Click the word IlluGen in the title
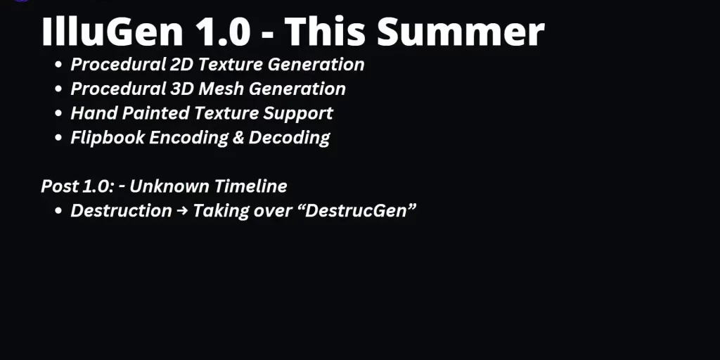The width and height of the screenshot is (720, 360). pyautogui.click(x=112, y=31)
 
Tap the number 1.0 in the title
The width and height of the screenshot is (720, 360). pyautogui.click(x=223, y=31)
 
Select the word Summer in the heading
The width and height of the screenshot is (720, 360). pyautogui.click(x=461, y=31)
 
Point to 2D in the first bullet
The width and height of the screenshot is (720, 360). pyautogui.click(x=181, y=64)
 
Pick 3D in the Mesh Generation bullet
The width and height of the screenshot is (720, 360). pyautogui.click(x=182, y=89)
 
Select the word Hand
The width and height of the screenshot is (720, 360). pyautogui.click(x=94, y=113)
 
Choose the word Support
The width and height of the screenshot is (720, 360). pyautogui.click(x=298, y=114)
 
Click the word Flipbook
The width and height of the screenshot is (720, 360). pyautogui.click(x=108, y=138)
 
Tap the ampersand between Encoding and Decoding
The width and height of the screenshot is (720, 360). pyautogui.click(x=238, y=138)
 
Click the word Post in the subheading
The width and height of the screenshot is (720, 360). pyautogui.click(x=59, y=186)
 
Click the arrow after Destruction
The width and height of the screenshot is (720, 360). pyautogui.click(x=182, y=211)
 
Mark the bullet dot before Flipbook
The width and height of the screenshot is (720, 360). pyautogui.click(x=58, y=138)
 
